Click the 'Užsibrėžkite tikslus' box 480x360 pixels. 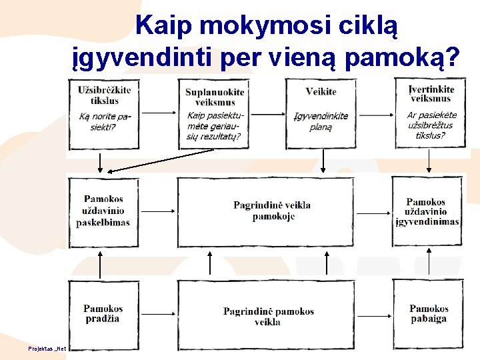click(104, 113)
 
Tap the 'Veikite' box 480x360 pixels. click(321, 114)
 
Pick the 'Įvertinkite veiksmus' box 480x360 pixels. click(430, 113)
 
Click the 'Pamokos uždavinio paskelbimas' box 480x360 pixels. click(103, 211)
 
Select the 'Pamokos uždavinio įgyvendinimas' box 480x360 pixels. click(427, 211)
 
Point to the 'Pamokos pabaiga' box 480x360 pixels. click(428, 314)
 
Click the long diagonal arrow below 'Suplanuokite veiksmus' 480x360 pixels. click(160, 161)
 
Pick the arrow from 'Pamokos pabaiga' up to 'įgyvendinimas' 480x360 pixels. click(429, 263)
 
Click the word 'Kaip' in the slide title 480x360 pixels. click(164, 25)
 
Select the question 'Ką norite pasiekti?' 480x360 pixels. click(105, 121)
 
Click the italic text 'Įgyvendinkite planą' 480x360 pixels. click(321, 121)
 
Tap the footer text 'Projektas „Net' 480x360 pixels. click(46, 349)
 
